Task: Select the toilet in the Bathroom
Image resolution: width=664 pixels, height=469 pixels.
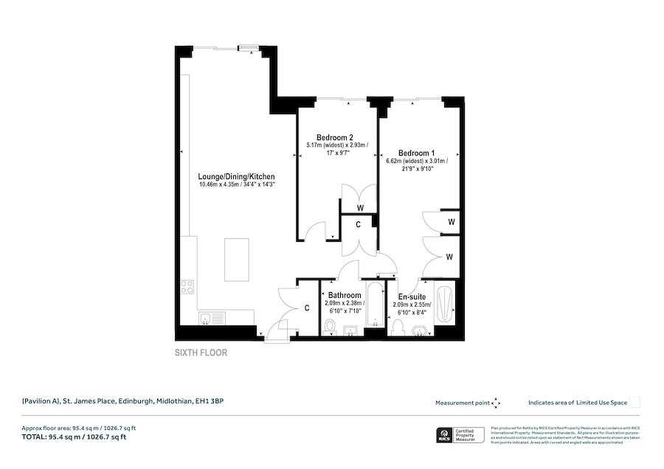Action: tap(330, 326)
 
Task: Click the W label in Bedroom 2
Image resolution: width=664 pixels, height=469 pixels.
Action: tap(351, 208)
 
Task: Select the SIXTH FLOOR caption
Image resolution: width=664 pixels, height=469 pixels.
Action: tap(201, 352)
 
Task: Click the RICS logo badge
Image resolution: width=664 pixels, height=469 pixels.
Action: tap(445, 434)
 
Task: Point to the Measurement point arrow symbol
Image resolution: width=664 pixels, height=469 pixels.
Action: tap(497, 403)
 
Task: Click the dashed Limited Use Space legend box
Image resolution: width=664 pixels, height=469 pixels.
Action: tap(634, 402)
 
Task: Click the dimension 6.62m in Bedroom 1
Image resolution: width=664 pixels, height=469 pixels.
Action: tap(398, 161)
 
